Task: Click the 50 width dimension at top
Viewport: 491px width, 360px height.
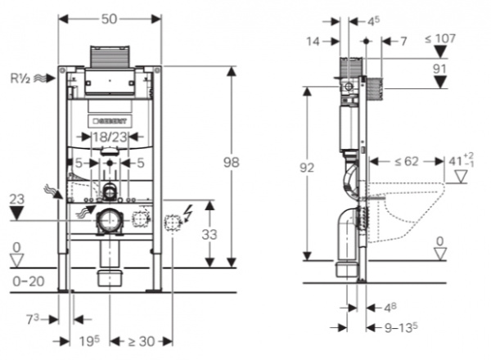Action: [x=109, y=17]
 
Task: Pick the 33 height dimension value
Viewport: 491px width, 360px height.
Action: [x=211, y=234]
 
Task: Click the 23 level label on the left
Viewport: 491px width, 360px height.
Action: [x=16, y=198]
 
